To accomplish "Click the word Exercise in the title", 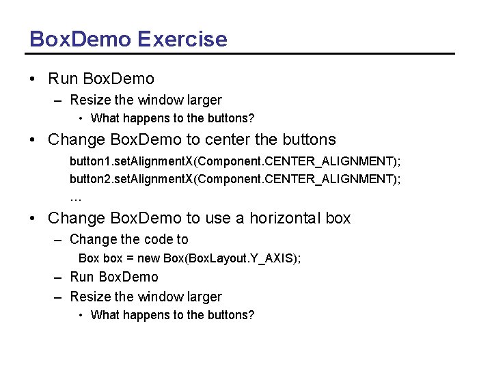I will click(x=182, y=39).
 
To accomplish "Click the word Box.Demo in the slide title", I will click(x=79, y=39).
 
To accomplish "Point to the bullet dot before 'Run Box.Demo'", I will click(x=33, y=79).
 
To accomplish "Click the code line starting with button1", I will click(x=235, y=161).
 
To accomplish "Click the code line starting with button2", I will click(x=235, y=179).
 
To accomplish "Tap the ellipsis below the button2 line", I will click(x=75, y=198).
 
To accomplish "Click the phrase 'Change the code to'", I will click(x=129, y=239).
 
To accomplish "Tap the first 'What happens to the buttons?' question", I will click(x=172, y=119).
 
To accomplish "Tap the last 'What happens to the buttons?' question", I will click(x=172, y=315).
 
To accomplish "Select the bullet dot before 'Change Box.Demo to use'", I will click(x=33, y=219).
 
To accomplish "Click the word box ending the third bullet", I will click(x=338, y=219).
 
